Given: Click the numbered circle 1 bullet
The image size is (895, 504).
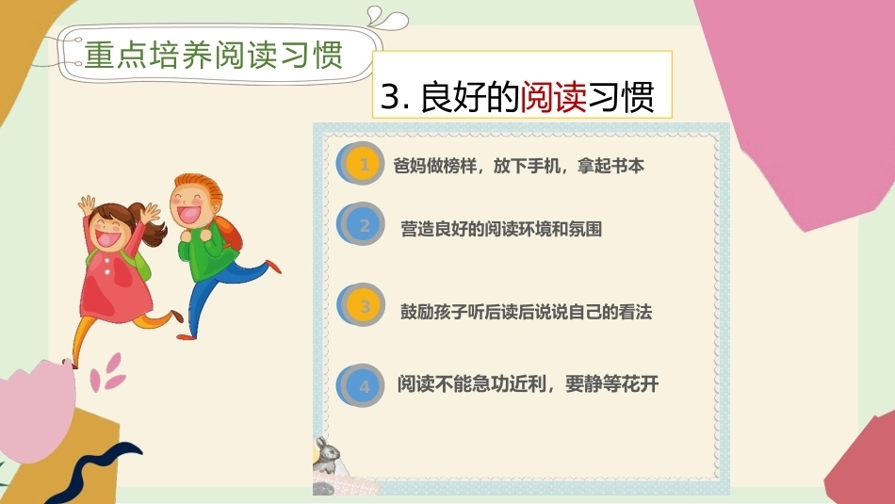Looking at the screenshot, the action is (361, 164).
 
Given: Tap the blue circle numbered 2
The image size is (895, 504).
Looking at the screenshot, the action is (361, 224).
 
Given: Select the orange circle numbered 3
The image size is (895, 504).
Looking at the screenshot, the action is (361, 305).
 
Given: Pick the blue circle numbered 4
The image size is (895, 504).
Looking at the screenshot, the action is (361, 386).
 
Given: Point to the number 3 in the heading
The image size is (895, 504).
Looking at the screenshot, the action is (390, 96).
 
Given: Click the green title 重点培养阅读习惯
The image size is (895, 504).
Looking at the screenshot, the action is (214, 56).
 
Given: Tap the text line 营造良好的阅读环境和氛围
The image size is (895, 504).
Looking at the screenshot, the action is (501, 229).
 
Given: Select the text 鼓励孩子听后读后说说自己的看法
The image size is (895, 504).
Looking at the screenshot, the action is (526, 312).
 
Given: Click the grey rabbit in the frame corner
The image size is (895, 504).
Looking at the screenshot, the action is (327, 455).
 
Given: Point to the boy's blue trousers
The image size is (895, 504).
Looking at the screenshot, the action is (220, 291).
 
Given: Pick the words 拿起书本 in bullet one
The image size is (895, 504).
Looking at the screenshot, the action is (610, 166).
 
